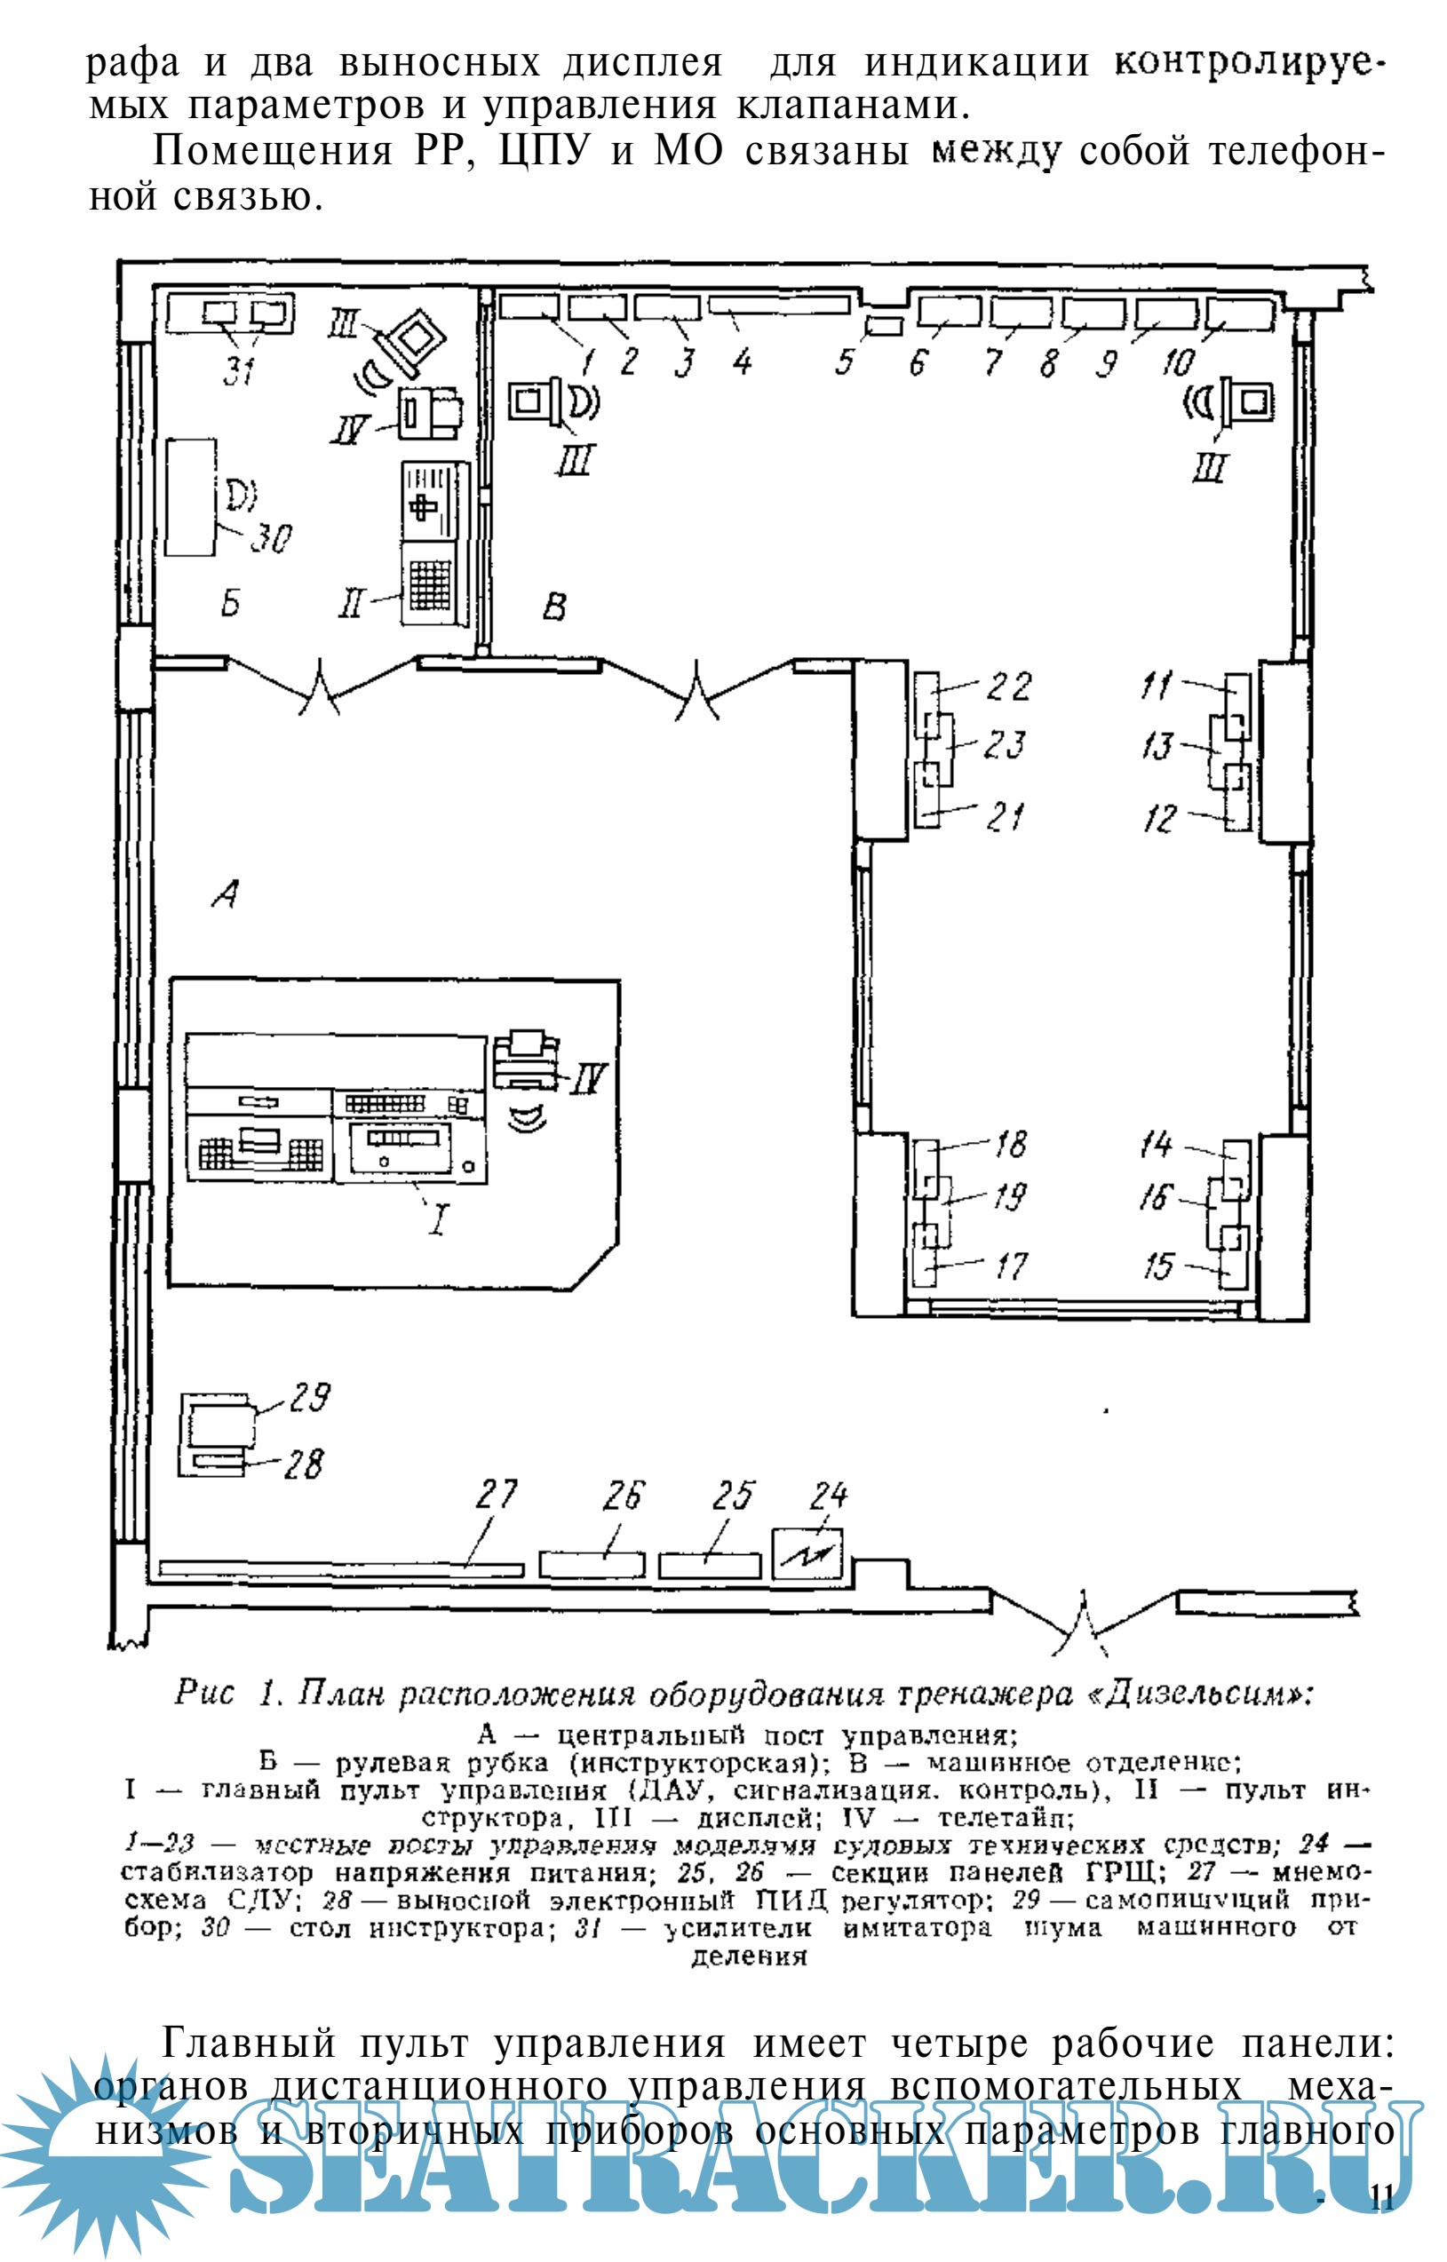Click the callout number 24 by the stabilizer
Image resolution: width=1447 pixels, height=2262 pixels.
pos(829,1494)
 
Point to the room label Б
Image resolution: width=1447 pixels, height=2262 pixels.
pos(230,602)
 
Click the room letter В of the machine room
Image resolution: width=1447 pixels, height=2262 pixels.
pos(554,607)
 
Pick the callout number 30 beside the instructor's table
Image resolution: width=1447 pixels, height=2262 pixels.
pos(272,538)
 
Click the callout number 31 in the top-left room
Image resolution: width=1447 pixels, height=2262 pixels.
pos(240,370)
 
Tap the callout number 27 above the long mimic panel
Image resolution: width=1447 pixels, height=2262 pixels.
pos(497,1494)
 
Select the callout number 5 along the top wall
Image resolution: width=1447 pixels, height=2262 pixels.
pos(845,361)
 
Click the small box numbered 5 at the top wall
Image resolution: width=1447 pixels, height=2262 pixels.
pos(883,326)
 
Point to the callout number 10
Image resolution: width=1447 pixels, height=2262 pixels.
pos(1177,361)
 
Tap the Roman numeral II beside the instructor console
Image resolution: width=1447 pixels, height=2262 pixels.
pos(351,604)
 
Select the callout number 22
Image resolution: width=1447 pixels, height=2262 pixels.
pos(1008,687)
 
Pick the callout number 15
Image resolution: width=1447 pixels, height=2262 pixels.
pos(1158,1267)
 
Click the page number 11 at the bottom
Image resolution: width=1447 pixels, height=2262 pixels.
pos(1381,2198)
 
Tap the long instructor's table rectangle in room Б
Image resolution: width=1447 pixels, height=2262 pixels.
pos(191,497)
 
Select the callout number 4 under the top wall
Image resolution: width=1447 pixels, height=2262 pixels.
pos(743,361)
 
